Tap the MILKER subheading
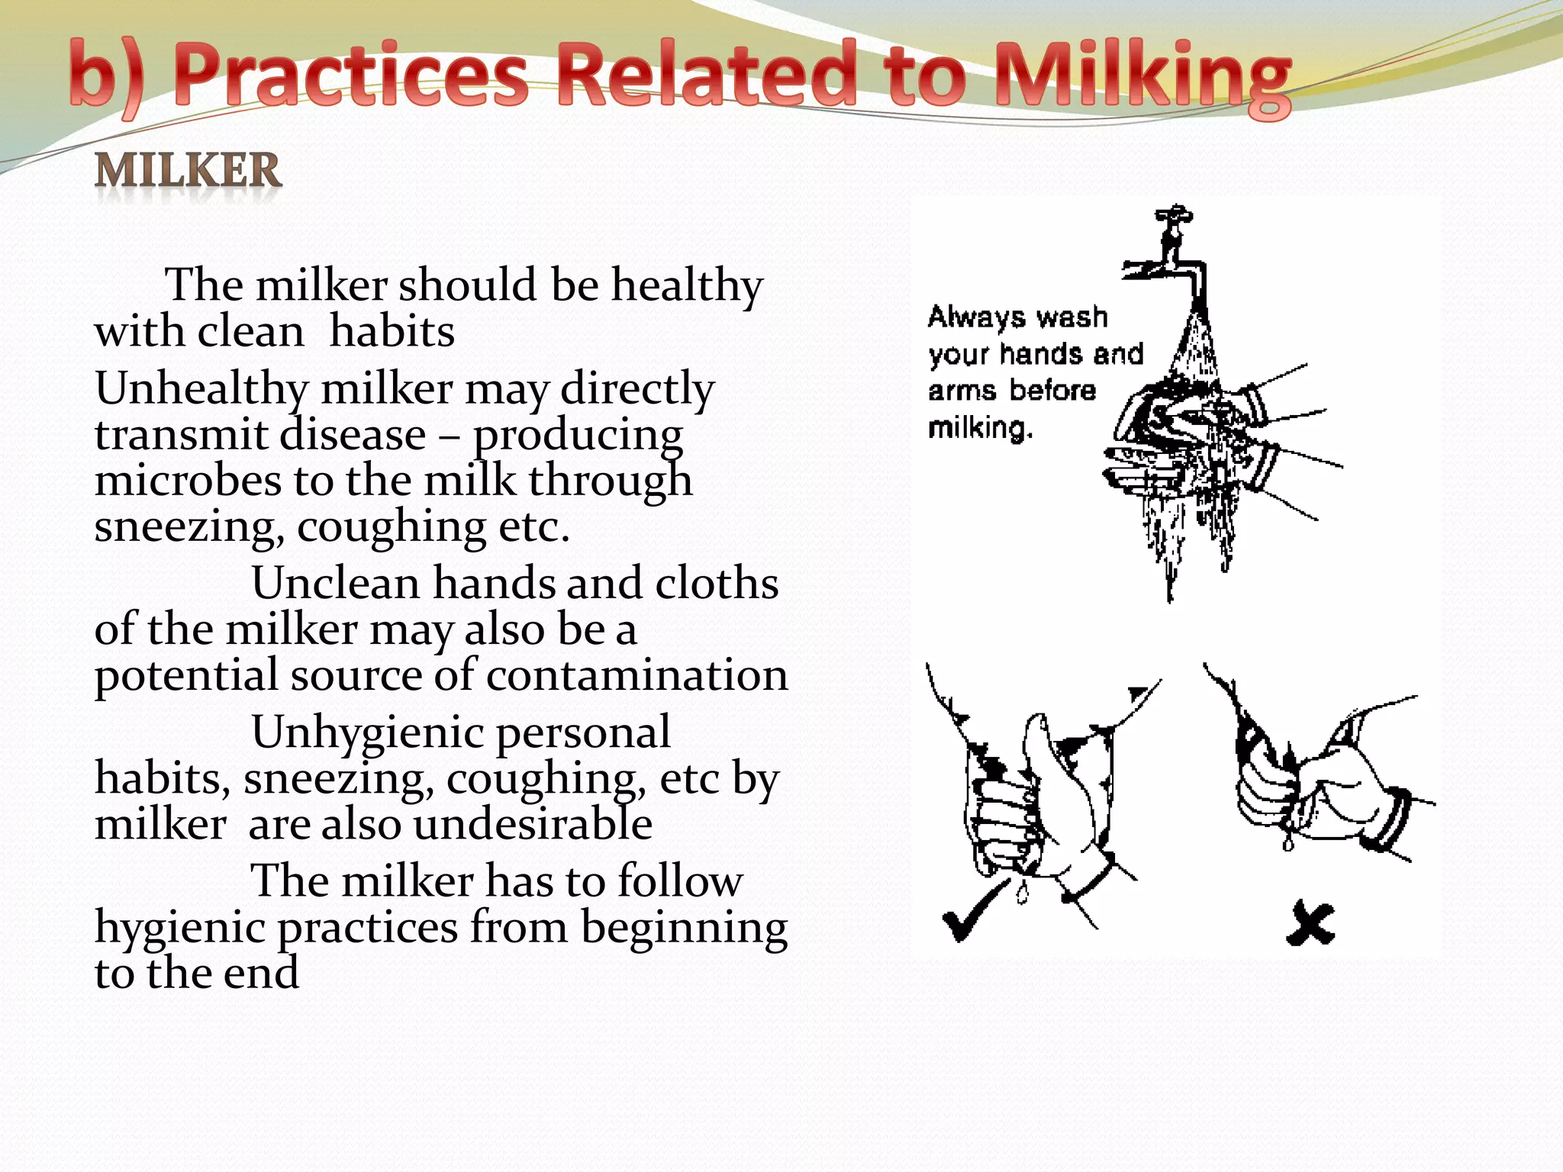click(189, 170)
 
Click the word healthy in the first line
click(687, 286)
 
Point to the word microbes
click(188, 481)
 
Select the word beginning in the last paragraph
click(684, 928)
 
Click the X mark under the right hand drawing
click(1310, 924)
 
